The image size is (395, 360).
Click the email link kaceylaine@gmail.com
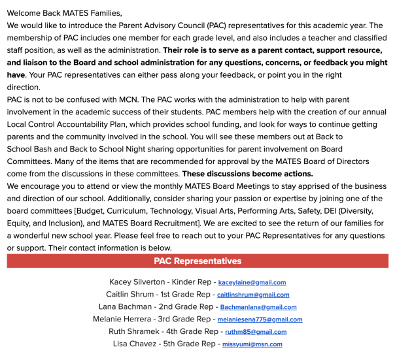[252, 282]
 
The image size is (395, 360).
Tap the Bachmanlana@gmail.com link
[258, 307]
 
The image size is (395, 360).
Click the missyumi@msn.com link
[252, 344]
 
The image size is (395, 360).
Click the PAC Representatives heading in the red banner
[197, 261]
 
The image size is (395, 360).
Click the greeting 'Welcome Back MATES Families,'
[65, 12]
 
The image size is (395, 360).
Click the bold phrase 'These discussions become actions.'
[247, 174]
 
